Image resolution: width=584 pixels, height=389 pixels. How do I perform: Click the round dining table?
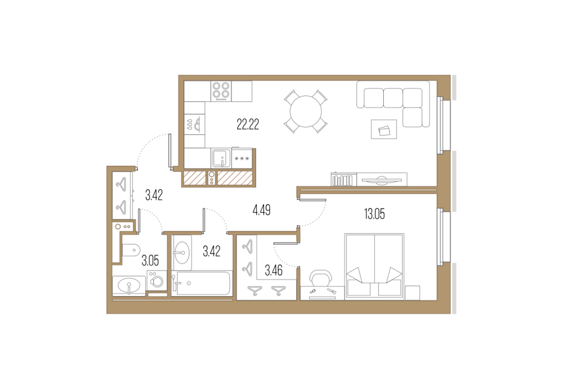(306, 111)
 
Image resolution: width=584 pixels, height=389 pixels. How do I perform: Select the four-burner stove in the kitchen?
(221, 91)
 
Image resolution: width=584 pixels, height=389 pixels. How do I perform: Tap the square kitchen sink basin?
(220, 158)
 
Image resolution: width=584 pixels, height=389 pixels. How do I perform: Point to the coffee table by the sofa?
(384, 129)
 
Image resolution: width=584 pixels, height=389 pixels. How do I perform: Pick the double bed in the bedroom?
(374, 266)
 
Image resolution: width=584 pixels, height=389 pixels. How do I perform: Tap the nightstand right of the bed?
(412, 292)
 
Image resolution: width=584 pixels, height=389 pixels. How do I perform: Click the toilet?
(130, 250)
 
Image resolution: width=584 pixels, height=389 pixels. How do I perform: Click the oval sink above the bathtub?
(182, 251)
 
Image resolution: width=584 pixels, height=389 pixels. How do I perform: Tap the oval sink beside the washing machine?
(128, 284)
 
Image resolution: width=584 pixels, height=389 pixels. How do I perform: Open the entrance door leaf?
(169, 151)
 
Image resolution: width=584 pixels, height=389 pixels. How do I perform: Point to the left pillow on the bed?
(357, 274)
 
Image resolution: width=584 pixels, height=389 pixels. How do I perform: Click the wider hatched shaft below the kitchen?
(234, 178)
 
